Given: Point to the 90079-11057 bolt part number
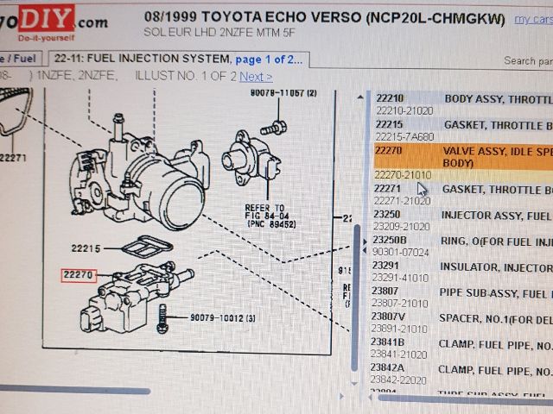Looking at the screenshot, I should (x=283, y=92).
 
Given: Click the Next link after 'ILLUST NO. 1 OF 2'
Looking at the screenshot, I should (x=256, y=77).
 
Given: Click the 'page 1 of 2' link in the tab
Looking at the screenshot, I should (x=269, y=60).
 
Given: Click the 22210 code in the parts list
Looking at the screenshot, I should (x=390, y=98).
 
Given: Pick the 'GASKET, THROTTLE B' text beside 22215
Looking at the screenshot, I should (x=496, y=125).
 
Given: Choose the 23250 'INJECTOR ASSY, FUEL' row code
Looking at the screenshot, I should (x=386, y=214).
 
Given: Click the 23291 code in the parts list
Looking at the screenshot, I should (x=386, y=267).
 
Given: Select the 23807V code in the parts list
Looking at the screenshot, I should (x=390, y=317).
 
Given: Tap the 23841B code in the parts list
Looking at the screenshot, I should (x=389, y=342).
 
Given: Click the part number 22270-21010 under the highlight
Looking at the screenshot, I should (x=403, y=175).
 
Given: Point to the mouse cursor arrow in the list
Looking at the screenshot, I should (x=422, y=187).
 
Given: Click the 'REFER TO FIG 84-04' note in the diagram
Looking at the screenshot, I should (x=266, y=216).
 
